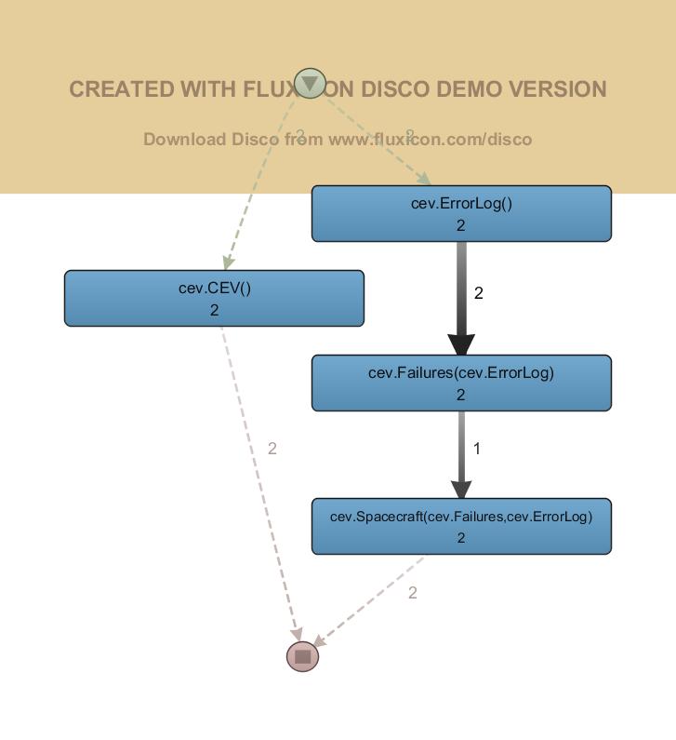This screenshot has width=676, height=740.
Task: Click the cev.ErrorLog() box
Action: pos(461,213)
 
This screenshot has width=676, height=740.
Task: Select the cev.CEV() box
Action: pos(214,298)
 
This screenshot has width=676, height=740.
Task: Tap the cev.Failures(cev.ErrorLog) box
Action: pos(461,383)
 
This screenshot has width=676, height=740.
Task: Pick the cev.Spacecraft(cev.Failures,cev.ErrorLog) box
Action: pos(461,526)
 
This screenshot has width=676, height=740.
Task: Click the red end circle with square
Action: pos(302,656)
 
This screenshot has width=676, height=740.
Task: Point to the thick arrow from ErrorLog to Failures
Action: pos(461,298)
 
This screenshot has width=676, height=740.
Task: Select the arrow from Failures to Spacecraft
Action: pos(461,454)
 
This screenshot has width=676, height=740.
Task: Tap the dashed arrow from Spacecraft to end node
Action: pos(372,600)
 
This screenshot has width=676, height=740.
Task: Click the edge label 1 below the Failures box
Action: pos(477,449)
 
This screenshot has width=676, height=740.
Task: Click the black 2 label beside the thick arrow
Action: pos(479,293)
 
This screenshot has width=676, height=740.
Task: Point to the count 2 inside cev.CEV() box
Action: pos(214,310)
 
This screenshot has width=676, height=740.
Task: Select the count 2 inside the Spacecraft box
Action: pos(461,538)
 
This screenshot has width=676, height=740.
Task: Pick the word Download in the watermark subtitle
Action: pos(184,140)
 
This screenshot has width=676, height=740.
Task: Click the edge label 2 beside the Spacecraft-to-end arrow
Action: pos(413,593)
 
